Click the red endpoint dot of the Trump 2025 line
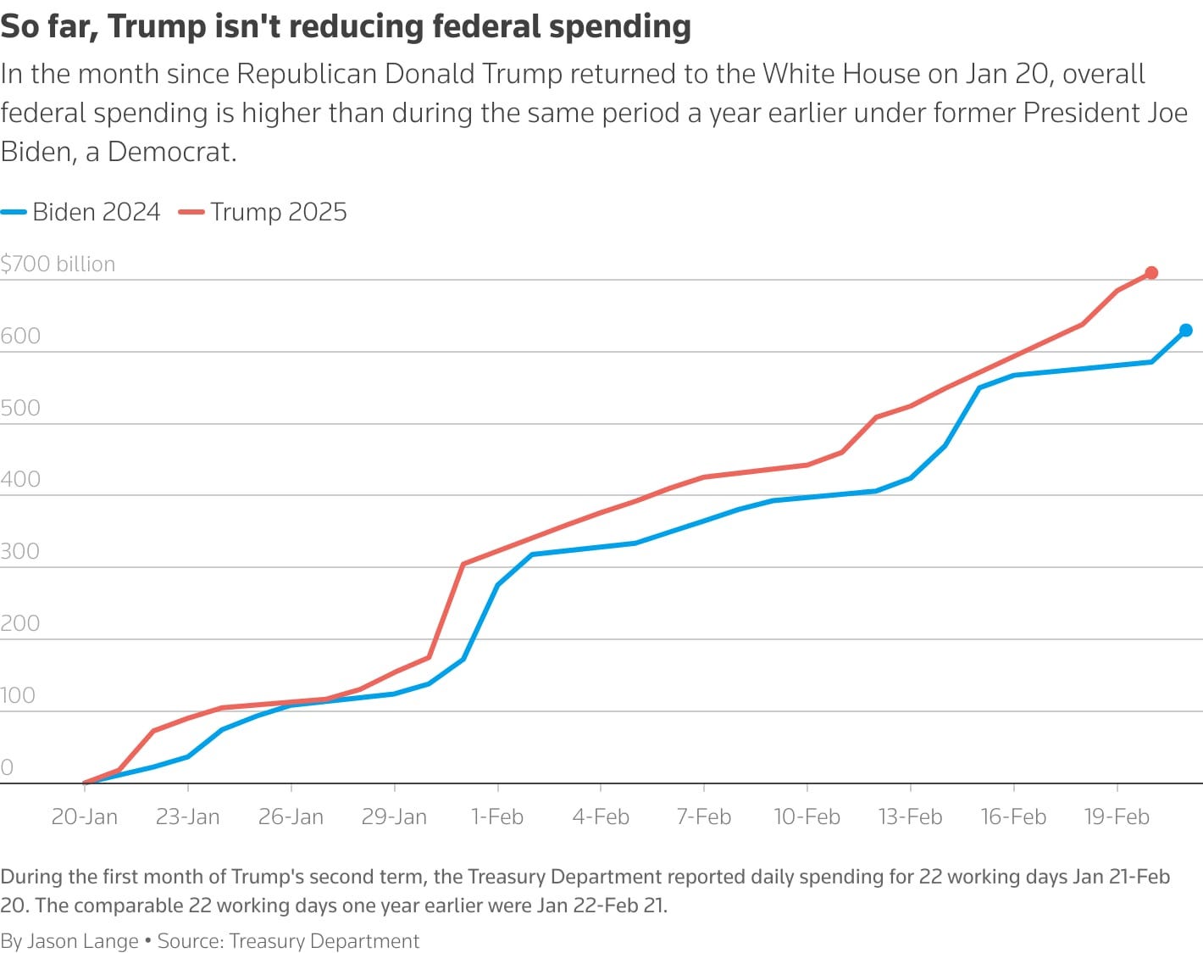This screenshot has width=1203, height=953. click(1151, 273)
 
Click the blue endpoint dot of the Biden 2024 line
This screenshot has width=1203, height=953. click(1186, 331)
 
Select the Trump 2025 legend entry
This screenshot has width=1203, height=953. click(263, 212)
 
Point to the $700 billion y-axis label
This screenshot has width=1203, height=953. click(58, 264)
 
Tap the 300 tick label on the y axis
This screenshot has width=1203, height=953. click(20, 551)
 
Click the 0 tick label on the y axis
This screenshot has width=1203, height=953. click(7, 767)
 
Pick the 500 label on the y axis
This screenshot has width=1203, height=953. click(20, 408)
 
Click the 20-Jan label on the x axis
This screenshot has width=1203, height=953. click(85, 816)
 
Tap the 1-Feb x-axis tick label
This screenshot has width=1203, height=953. click(497, 816)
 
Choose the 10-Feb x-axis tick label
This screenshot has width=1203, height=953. click(807, 816)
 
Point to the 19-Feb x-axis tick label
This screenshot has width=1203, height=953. click(1117, 816)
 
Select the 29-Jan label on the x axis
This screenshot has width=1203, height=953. click(394, 816)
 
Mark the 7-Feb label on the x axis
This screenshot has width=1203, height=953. click(703, 816)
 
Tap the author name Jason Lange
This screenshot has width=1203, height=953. click(83, 941)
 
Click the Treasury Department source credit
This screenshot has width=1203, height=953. click(324, 941)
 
